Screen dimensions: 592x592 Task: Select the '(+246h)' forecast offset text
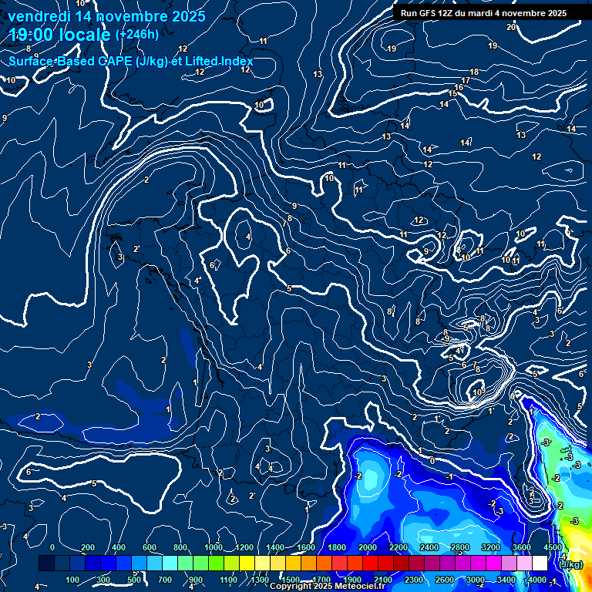click(x=136, y=34)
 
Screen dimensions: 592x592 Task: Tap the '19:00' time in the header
click(x=30, y=35)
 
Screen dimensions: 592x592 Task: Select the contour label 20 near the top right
click(x=511, y=27)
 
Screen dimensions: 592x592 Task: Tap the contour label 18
click(x=474, y=72)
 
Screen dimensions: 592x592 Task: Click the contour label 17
click(x=466, y=80)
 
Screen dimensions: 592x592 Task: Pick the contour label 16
click(x=459, y=87)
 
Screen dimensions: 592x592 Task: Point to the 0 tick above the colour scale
click(x=52, y=547)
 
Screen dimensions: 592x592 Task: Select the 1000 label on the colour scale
click(x=214, y=547)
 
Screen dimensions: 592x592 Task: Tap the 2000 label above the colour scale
click(x=368, y=547)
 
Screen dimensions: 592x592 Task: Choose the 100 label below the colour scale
click(x=72, y=580)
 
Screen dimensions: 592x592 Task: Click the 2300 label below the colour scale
click(x=414, y=580)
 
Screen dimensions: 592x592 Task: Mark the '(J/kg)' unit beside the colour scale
click(x=571, y=565)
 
